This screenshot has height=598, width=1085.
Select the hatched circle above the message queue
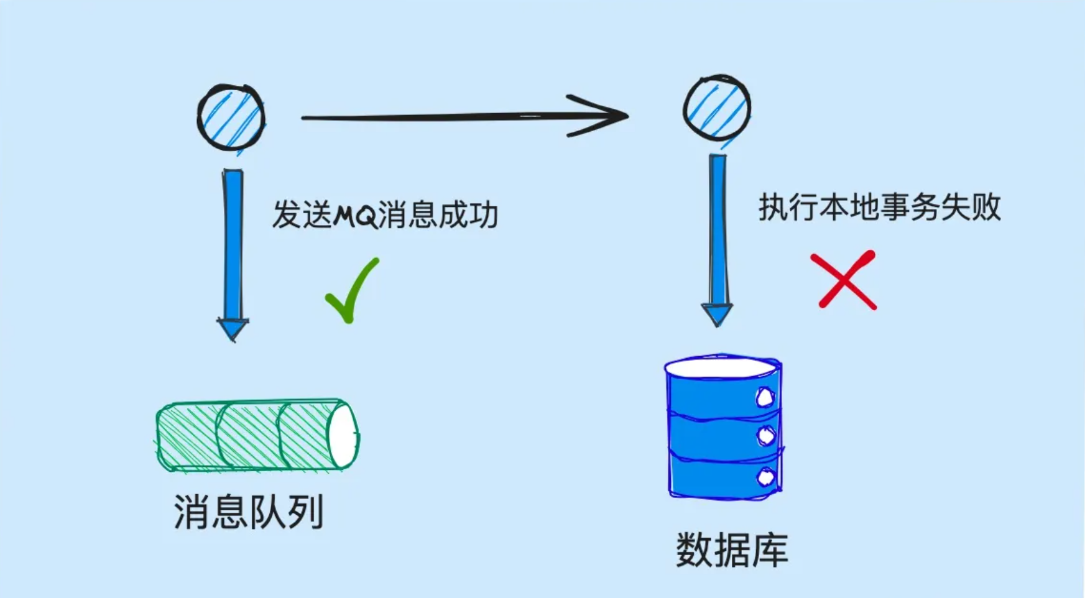[x=231, y=117]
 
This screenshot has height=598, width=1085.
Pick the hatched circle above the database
[x=717, y=108]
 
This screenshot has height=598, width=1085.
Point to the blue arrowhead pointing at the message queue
[x=233, y=328]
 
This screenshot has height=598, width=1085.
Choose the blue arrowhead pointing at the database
[x=717, y=314]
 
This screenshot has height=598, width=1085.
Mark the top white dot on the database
[x=765, y=397]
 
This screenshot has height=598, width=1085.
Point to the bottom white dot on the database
[x=766, y=477]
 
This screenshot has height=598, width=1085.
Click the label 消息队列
[x=249, y=512]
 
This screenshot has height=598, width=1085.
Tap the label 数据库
[x=732, y=550]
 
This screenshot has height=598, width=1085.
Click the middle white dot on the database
[x=766, y=436]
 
